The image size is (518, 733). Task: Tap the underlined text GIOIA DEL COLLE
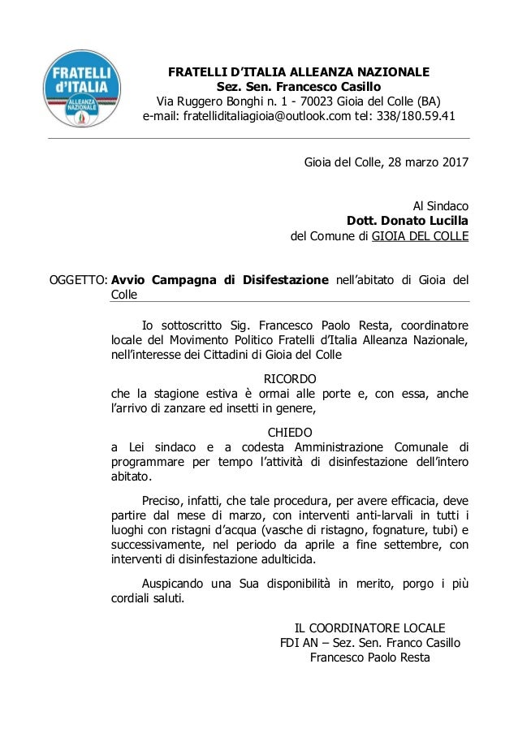[x=419, y=237]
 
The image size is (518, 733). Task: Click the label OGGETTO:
[x=79, y=282]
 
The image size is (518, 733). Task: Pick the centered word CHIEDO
[x=291, y=431]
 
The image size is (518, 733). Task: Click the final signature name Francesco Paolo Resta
[x=369, y=658]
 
